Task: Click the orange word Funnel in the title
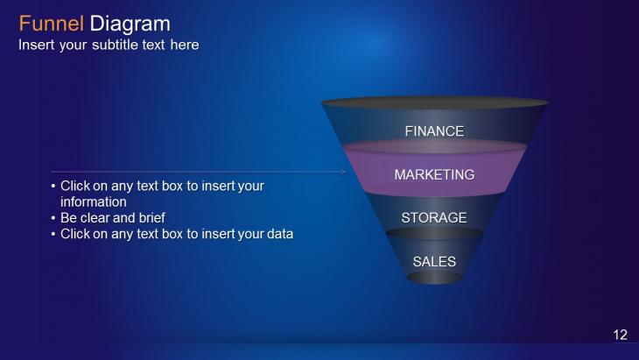click(52, 24)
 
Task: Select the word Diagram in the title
click(130, 25)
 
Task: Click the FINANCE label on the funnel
click(434, 131)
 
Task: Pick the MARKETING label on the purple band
click(434, 174)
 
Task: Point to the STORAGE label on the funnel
click(434, 218)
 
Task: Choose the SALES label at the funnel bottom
click(434, 261)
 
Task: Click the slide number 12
click(621, 335)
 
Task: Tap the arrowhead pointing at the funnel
click(343, 172)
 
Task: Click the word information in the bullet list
click(94, 201)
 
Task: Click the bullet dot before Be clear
click(53, 218)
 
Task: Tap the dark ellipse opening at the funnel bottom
click(435, 278)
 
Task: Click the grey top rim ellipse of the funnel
click(435, 102)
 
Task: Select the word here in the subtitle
click(185, 45)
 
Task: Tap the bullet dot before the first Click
click(53, 187)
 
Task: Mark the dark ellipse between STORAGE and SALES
click(435, 234)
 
